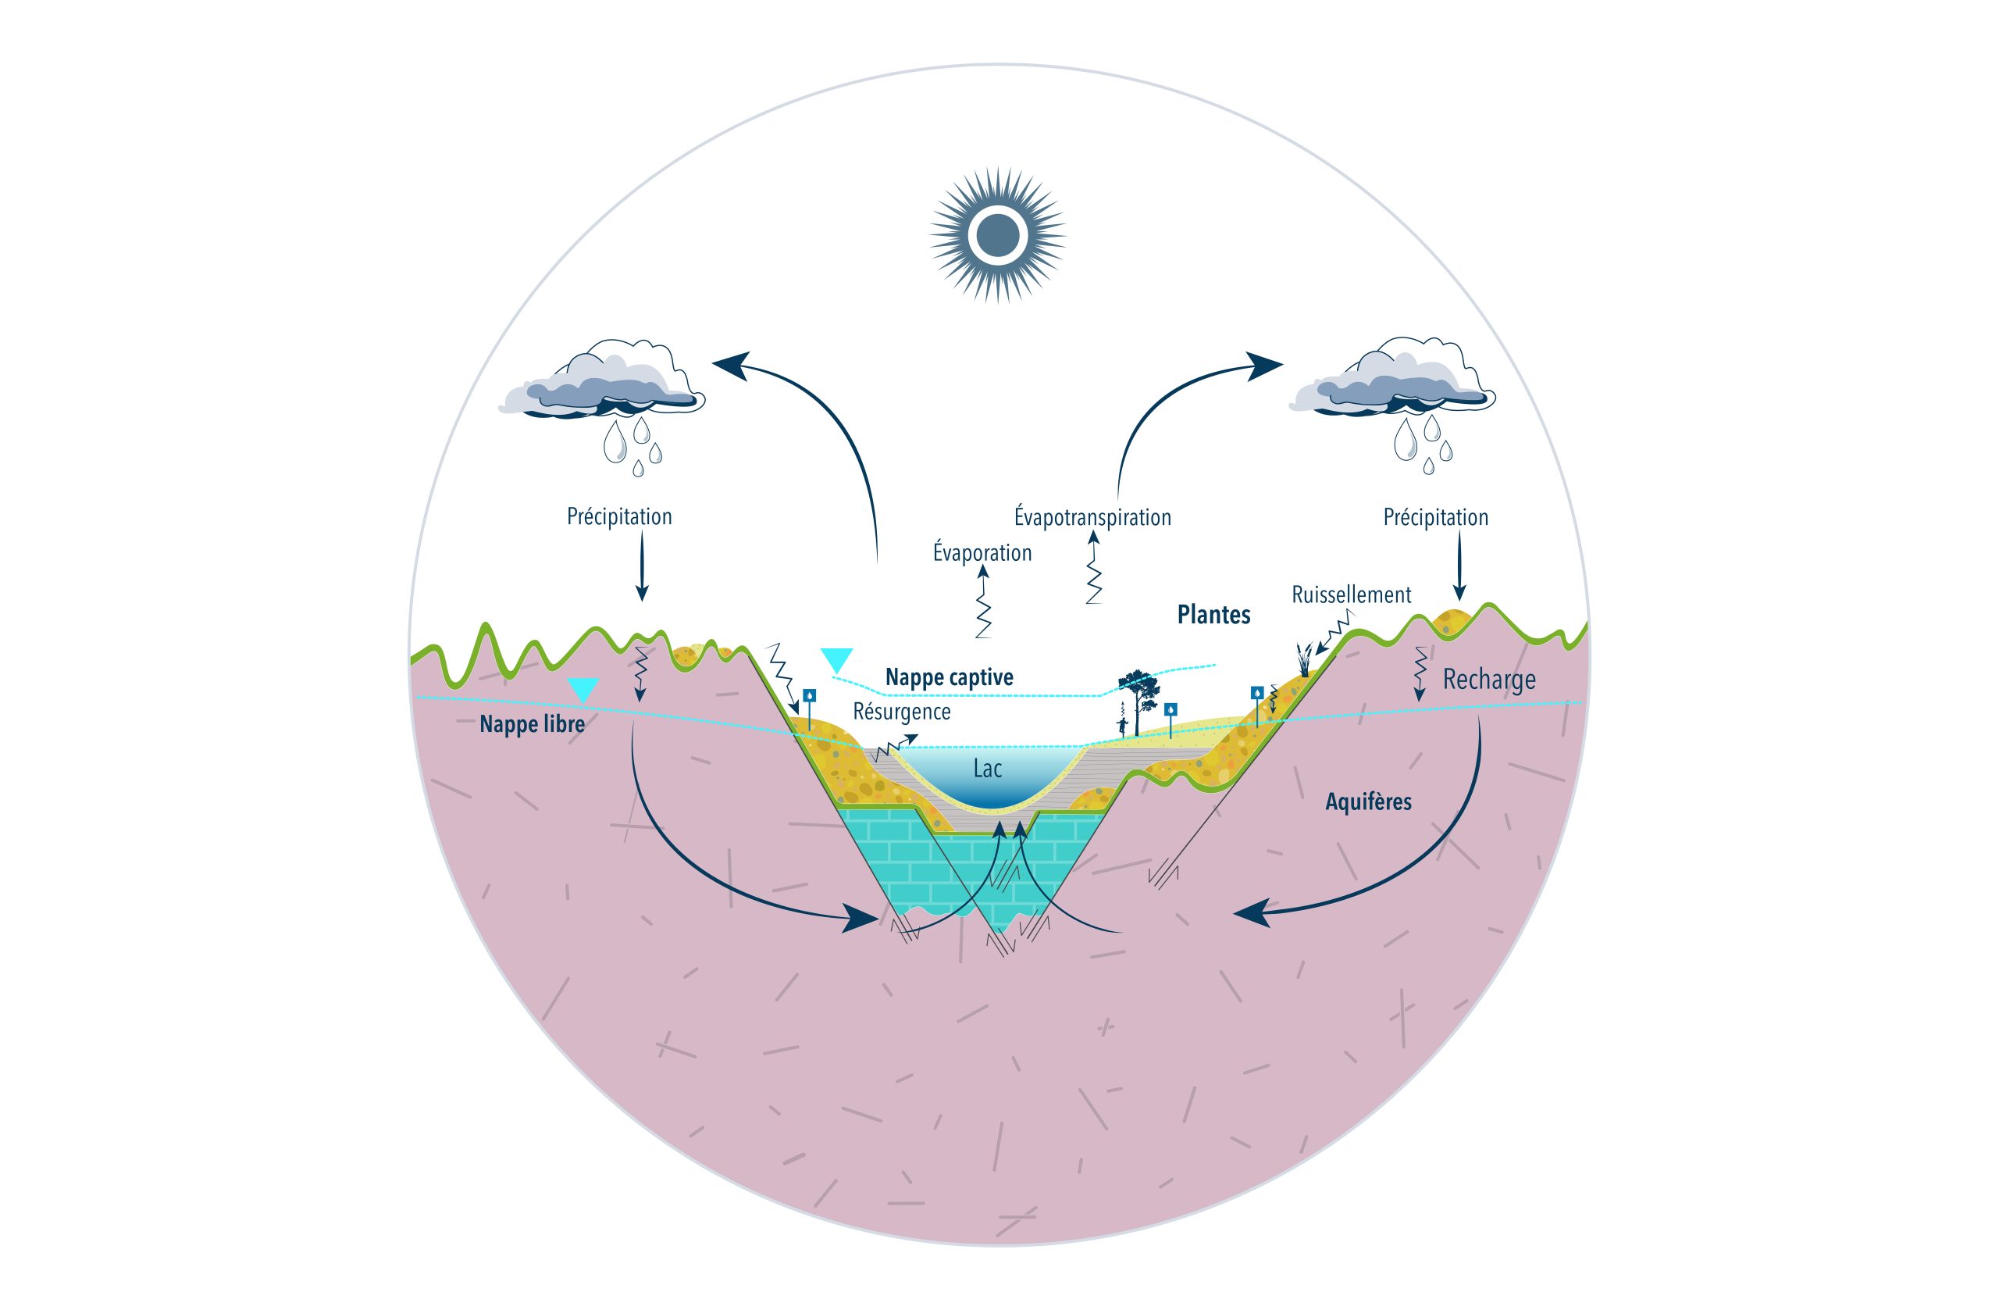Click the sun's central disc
pyautogui.click(x=998, y=234)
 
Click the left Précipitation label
pyautogui.click(x=619, y=516)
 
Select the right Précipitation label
pyautogui.click(x=1435, y=517)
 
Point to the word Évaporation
pyautogui.click(x=982, y=553)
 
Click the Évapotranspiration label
pyautogui.click(x=1092, y=517)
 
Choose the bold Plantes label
pyautogui.click(x=1213, y=615)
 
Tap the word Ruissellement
pyautogui.click(x=1351, y=595)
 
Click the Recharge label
pyautogui.click(x=1488, y=679)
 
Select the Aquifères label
pyautogui.click(x=1368, y=801)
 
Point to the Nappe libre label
pyautogui.click(x=532, y=723)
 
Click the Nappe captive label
pyautogui.click(x=949, y=677)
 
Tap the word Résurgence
pyautogui.click(x=901, y=712)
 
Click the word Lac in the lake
pyautogui.click(x=987, y=769)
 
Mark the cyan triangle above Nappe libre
pyautogui.click(x=582, y=689)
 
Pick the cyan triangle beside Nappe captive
pyautogui.click(x=836, y=659)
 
